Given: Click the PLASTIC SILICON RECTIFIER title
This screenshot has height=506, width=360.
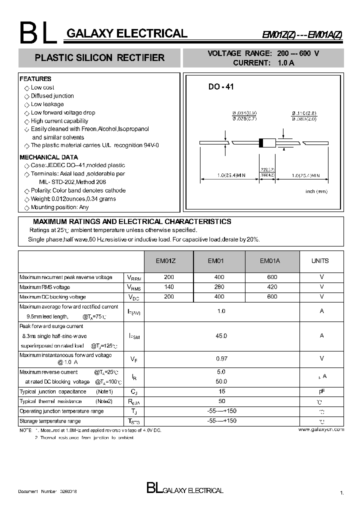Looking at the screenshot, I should [x=99, y=58].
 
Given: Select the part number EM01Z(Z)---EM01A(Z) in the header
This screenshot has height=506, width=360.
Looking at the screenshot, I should [x=303, y=35].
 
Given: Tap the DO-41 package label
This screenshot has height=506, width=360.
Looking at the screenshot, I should [x=221, y=87].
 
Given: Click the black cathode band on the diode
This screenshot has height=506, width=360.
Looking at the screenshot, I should [x=260, y=142].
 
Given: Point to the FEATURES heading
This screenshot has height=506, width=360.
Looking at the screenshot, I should [x=35, y=79].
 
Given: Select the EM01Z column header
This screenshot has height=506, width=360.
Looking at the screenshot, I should [x=168, y=260].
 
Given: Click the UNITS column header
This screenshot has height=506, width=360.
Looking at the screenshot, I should [x=320, y=260].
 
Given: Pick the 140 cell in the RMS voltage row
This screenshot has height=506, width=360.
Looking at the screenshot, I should [x=168, y=287].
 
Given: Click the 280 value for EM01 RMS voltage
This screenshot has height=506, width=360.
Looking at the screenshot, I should [x=220, y=287].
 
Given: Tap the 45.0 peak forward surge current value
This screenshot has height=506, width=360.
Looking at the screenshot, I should [x=221, y=336].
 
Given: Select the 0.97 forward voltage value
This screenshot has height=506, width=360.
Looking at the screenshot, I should [x=221, y=358].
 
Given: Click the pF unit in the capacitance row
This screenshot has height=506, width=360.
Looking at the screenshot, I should [x=321, y=391].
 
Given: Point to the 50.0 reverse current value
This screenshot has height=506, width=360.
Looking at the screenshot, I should [x=221, y=381].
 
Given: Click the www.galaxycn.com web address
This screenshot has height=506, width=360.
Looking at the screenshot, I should [x=321, y=429].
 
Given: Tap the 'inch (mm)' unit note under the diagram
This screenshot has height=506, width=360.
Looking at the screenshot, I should [x=316, y=191].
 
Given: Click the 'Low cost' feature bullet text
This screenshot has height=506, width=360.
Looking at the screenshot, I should [x=42, y=87].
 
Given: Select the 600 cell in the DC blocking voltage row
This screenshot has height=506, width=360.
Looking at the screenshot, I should [x=272, y=296].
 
